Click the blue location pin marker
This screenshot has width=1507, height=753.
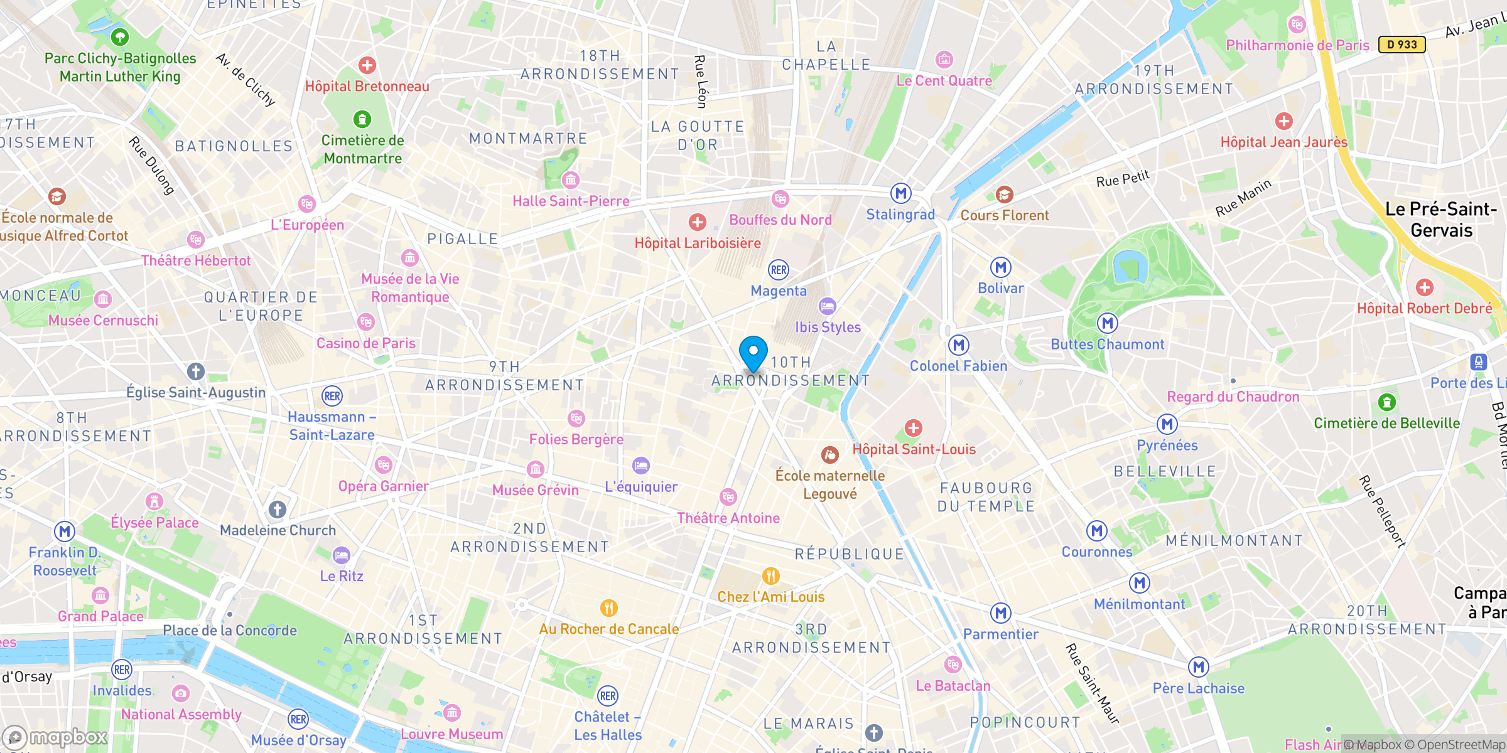753,353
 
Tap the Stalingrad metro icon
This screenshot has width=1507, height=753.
901,193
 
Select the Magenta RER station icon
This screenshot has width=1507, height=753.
779,270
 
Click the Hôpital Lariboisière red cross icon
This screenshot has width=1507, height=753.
697,222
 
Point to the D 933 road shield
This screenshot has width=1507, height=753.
1402,45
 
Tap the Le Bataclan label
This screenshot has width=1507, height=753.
953,686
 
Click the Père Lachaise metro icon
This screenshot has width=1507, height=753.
1198,667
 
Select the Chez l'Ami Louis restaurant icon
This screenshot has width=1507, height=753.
770,576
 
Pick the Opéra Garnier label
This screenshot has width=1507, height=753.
383,486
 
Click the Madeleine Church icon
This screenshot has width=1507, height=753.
278,510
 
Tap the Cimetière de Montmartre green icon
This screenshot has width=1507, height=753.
362,119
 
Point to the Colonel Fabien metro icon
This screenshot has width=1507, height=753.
958,345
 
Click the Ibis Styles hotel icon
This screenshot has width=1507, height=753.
828,306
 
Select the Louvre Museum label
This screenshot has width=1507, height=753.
451,734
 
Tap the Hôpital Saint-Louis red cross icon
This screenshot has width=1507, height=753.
914,428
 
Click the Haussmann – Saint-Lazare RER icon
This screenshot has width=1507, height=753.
332,396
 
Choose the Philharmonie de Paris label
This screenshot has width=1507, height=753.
1297,45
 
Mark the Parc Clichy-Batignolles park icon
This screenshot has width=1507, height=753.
120,37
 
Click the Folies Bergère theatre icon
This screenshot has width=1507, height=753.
576,419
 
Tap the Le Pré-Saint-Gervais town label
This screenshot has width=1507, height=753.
1441,220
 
